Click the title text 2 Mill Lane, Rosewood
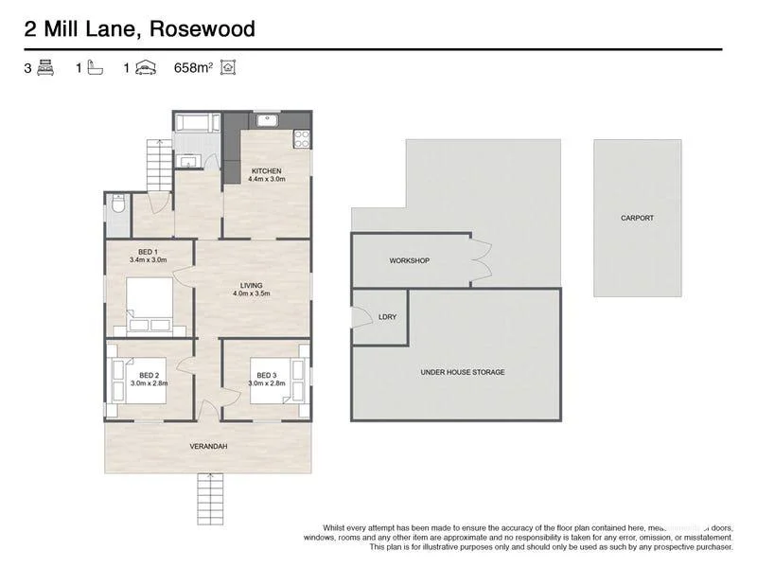(139, 29)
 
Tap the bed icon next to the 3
(45, 68)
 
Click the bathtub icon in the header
(95, 68)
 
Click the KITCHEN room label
(266, 170)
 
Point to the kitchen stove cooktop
(302, 139)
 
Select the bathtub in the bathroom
(197, 122)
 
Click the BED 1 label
(148, 251)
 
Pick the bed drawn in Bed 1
(150, 308)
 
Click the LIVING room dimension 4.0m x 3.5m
(252, 293)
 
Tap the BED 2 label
(148, 375)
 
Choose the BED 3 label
(266, 375)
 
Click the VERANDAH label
(208, 446)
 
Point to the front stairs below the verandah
(208, 497)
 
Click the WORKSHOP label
(410, 260)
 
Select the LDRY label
(387, 317)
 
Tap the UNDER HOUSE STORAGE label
(463, 372)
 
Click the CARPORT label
(637, 218)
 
